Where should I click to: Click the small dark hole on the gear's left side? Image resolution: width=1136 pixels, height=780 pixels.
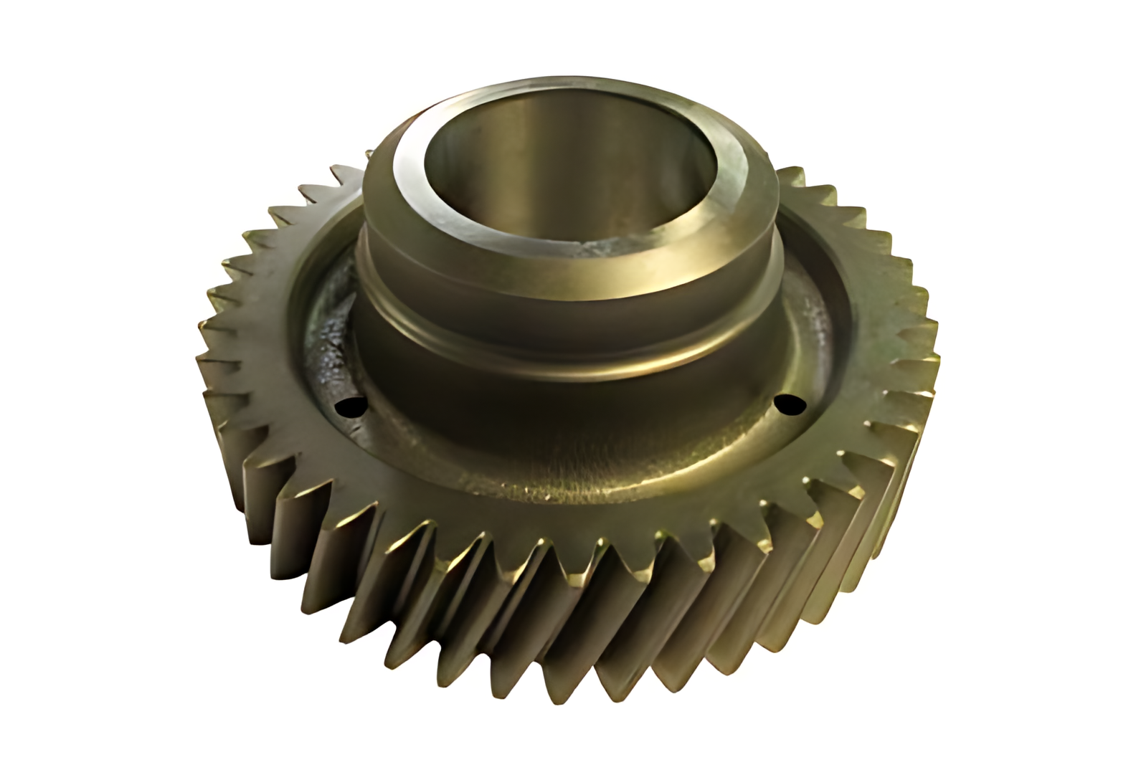click(350, 407)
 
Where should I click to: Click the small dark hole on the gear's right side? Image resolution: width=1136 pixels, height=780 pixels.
click(790, 404)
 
